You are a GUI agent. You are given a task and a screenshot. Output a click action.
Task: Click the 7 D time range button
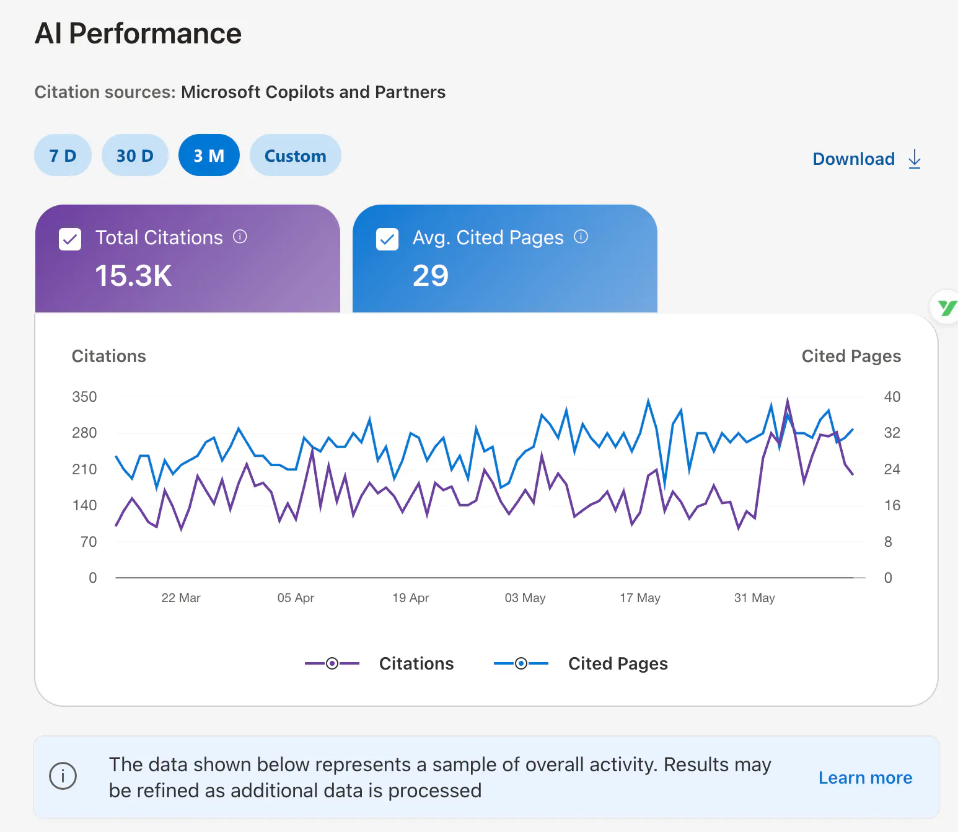(63, 156)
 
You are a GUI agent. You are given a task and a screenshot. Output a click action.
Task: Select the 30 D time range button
(135, 156)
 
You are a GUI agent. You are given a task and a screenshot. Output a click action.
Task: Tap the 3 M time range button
(209, 156)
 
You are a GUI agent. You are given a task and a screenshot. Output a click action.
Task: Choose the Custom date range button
(296, 156)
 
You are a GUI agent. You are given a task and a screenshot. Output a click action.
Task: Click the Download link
(867, 159)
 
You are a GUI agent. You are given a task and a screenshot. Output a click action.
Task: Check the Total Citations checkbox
(70, 239)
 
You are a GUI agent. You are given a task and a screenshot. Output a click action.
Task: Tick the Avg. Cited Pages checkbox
(387, 239)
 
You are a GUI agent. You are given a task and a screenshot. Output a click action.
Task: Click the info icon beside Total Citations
(240, 237)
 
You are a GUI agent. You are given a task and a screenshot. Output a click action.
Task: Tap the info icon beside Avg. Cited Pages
(581, 237)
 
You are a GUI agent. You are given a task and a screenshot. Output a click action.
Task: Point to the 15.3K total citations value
(133, 275)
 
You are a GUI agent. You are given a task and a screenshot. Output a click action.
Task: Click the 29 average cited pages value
(430, 275)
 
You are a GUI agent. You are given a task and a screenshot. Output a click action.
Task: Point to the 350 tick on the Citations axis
(84, 397)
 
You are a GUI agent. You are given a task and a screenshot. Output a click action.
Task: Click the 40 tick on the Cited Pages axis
(892, 397)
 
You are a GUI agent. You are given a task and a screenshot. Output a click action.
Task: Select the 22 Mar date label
(181, 598)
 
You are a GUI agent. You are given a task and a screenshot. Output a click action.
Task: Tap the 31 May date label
(754, 598)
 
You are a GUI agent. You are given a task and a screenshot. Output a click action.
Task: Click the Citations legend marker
(332, 663)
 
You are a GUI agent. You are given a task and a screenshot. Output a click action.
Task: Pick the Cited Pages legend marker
(521, 663)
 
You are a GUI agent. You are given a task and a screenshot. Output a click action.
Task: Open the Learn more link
(865, 777)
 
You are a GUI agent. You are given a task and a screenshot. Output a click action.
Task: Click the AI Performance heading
(138, 33)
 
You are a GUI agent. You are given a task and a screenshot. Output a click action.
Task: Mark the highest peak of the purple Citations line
(788, 399)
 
